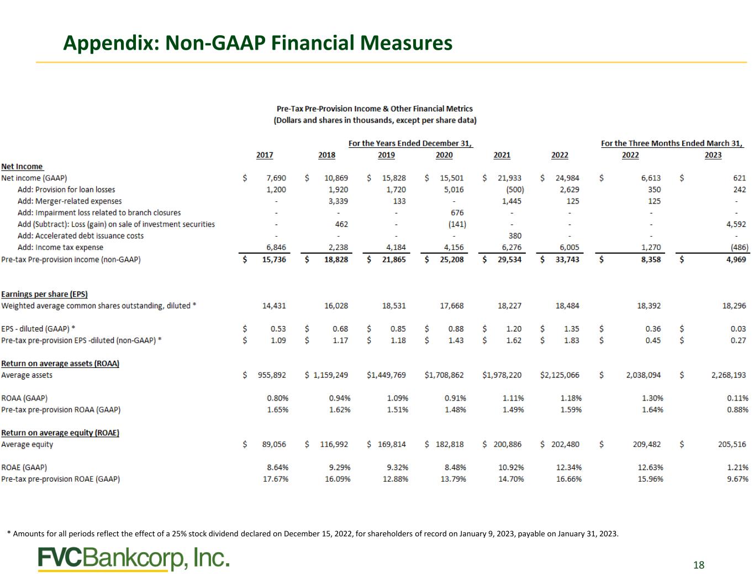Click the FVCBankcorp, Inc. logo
pos(134,558)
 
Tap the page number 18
pos(698,565)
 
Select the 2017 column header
pos(265,155)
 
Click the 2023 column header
pos(713,155)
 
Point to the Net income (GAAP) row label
pos(34,178)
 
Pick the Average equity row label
pos(27,445)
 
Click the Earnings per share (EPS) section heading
pos(44,294)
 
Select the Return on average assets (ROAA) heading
pos(60,364)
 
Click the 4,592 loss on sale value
pos(736,224)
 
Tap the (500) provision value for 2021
pos(515,190)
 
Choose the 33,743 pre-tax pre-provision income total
pos(567,259)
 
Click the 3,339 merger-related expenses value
pos(338,201)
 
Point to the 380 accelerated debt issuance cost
pos(515,236)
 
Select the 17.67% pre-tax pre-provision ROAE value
pos(276,479)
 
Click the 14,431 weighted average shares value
pos(274,306)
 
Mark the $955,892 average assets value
pos(265,375)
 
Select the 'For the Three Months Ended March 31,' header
pos(672,143)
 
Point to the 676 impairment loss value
pos(457,213)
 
